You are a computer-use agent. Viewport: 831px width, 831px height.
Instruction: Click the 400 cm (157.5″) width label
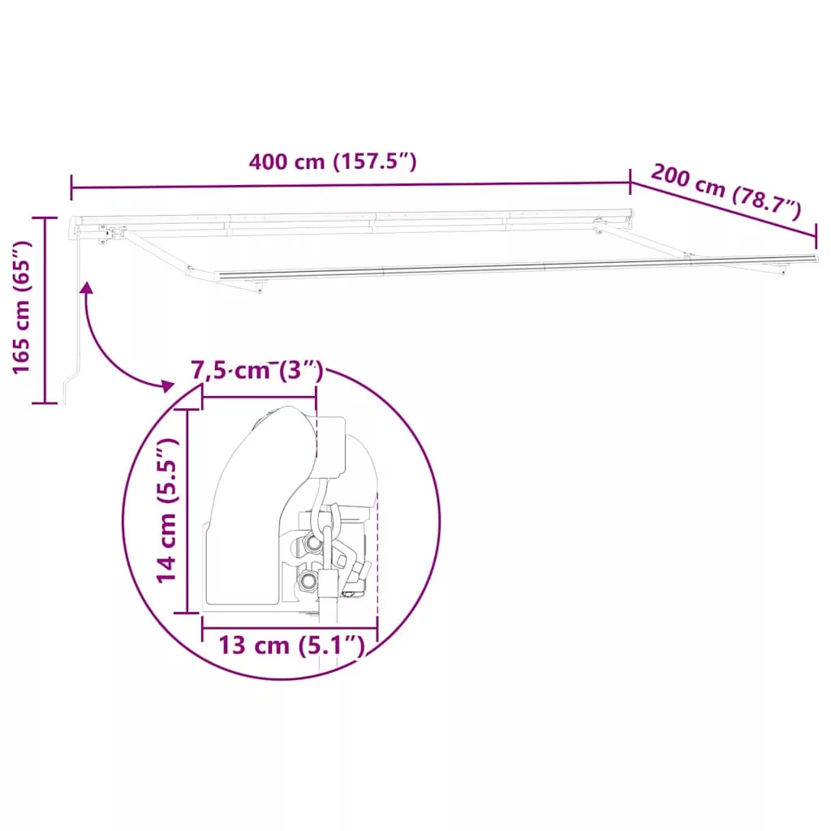(x=333, y=161)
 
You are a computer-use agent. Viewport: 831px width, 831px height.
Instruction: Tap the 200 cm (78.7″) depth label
(x=726, y=191)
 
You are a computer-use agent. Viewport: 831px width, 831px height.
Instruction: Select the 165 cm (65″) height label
(x=22, y=308)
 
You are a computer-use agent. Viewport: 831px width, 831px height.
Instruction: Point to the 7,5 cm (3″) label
(x=257, y=370)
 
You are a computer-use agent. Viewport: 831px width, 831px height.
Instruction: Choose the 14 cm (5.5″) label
(x=166, y=510)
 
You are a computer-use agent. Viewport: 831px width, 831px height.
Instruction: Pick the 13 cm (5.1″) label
(x=292, y=645)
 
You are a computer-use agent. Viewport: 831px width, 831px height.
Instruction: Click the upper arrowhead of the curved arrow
(x=86, y=288)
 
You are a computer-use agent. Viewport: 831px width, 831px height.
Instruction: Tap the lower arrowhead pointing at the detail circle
(x=167, y=385)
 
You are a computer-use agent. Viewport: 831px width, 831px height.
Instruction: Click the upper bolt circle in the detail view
(x=313, y=543)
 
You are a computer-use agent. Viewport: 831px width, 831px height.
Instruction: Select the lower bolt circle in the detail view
(x=308, y=579)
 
